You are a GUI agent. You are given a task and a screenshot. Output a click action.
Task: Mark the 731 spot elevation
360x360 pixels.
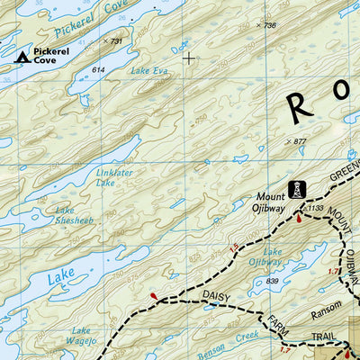pyautogui.click(x=112, y=41)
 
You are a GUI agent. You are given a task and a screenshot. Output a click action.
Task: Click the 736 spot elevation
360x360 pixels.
pyautogui.click(x=266, y=25)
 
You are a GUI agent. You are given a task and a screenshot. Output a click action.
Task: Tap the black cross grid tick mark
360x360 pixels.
pyautogui.click(x=189, y=58)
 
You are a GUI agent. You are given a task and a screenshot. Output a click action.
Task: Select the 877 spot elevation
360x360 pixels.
pyautogui.click(x=296, y=140)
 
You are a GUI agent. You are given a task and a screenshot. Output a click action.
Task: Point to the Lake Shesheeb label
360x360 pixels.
pyautogui.click(x=74, y=215)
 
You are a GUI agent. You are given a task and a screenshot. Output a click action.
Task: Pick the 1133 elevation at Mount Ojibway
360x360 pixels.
pyautogui.click(x=315, y=208)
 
